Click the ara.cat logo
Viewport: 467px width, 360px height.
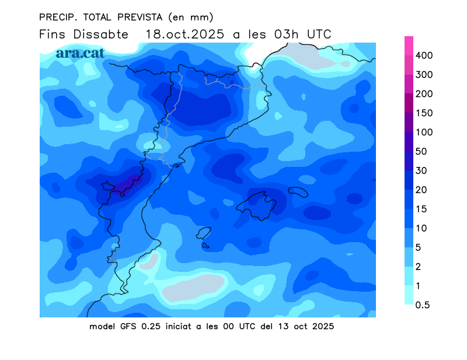click(80, 53)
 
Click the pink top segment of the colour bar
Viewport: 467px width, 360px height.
click(409, 46)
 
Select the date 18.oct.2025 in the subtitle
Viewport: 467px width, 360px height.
click(184, 34)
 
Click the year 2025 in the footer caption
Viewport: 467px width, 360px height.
click(323, 326)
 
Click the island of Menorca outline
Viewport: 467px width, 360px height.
click(298, 192)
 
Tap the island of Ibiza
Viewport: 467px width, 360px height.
click(203, 234)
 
